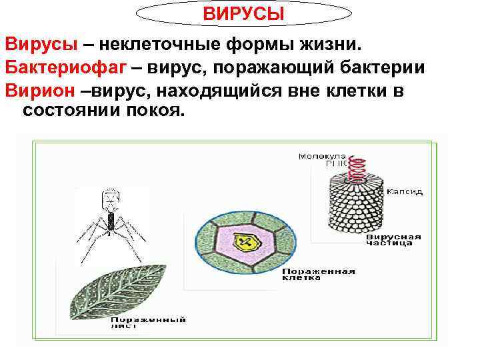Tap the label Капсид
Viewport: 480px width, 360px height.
[x=407, y=191]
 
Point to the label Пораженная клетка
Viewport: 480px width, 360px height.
[x=318, y=274]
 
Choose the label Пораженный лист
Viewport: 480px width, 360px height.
[x=148, y=323]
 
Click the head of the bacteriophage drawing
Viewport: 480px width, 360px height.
[x=108, y=197]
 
